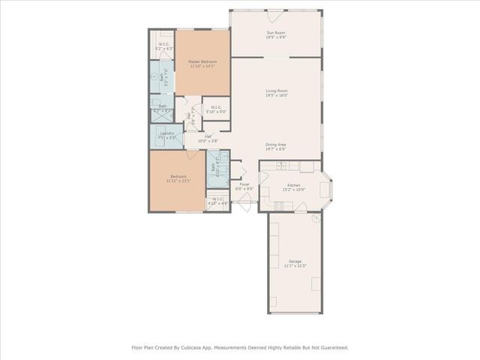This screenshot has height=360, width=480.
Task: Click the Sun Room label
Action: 277,33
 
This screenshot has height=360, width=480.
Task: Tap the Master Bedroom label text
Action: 202,61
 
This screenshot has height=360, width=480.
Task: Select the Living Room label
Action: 277,91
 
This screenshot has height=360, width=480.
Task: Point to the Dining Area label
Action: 277,145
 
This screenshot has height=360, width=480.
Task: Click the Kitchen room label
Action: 294,184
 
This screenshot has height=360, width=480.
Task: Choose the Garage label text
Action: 294,261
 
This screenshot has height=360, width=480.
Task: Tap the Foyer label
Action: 244,184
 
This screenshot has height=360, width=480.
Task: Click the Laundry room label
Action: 167,133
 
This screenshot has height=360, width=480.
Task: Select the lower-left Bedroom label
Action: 178,176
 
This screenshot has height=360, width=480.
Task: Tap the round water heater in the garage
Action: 316,218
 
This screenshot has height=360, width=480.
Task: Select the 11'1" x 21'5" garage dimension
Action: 294,266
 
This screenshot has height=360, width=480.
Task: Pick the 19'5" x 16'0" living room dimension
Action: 277,96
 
